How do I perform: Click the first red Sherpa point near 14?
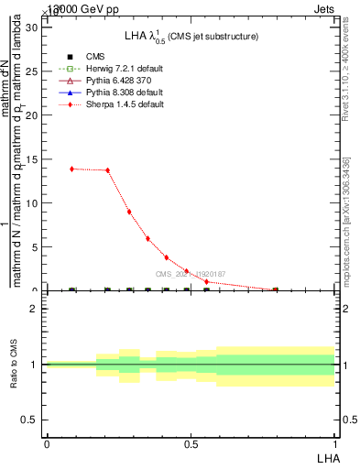(x=72, y=169)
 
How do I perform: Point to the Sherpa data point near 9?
(x=129, y=212)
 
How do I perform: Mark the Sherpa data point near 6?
(x=147, y=238)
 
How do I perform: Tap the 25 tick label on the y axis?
(x=30, y=71)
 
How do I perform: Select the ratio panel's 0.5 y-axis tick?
(x=29, y=420)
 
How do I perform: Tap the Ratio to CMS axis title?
(x=14, y=365)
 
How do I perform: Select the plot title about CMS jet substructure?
(x=191, y=36)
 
